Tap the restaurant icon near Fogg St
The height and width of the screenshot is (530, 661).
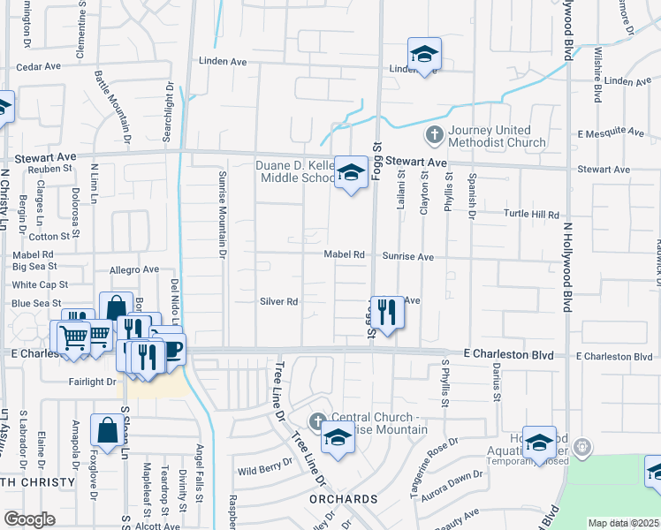click(x=386, y=313)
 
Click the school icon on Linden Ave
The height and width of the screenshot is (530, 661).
click(x=424, y=54)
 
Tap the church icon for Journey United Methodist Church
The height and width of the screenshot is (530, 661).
click(x=434, y=135)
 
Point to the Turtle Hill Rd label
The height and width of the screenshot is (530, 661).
click(x=532, y=214)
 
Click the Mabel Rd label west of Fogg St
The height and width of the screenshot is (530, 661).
click(x=345, y=254)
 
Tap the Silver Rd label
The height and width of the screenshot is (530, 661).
click(x=278, y=301)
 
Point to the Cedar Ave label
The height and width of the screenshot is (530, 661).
click(x=37, y=66)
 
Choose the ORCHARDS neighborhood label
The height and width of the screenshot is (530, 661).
click(x=343, y=500)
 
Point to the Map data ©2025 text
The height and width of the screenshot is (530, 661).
click(x=624, y=523)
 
